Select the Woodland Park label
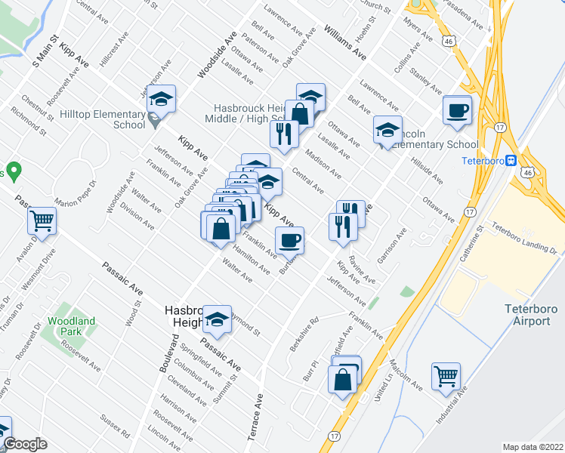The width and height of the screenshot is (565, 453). (x=71, y=326)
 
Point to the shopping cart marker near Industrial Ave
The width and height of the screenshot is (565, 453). (x=446, y=376)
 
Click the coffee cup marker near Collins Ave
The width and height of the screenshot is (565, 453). (x=457, y=109)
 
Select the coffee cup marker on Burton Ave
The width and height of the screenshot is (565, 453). (x=290, y=241)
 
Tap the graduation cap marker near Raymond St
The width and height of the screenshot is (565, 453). (x=218, y=320)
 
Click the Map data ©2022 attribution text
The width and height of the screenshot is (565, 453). (x=533, y=447)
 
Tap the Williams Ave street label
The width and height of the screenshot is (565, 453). (x=344, y=43)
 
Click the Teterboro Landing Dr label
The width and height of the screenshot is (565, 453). (x=523, y=239)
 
